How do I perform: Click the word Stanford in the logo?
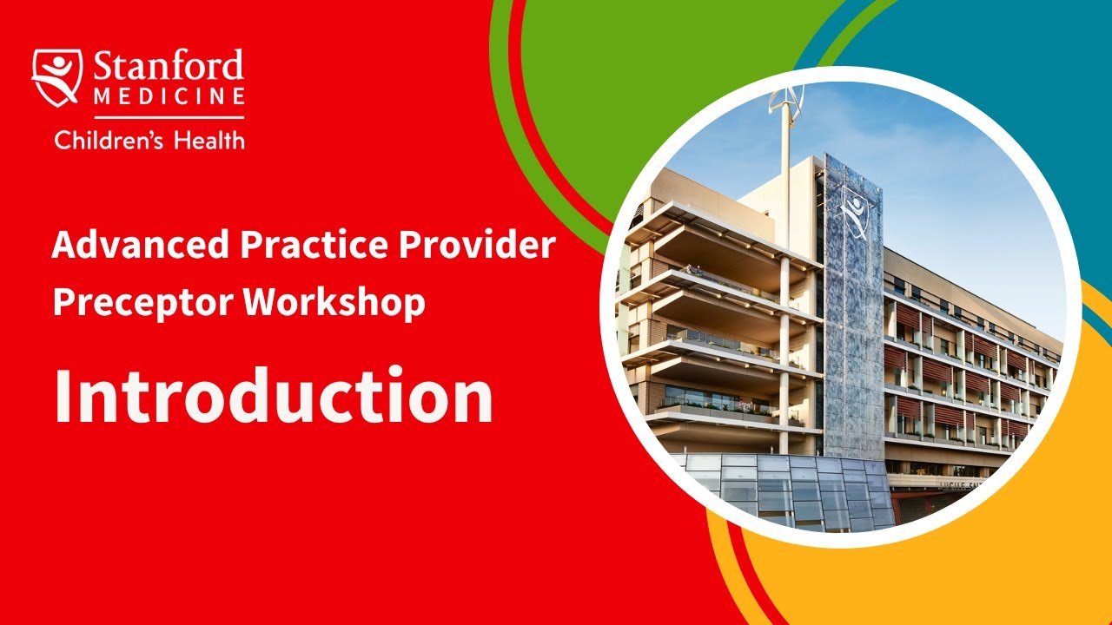tap(169, 68)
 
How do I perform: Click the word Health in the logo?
tap(209, 139)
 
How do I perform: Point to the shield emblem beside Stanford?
tap(57, 77)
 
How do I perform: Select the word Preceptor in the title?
tap(142, 302)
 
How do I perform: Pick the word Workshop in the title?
tap(334, 302)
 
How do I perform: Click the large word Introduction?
tap(273, 396)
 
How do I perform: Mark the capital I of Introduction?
tap(62, 396)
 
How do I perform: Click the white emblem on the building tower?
tap(854, 211)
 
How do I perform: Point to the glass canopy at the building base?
tap(782, 490)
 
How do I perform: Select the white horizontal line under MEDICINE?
tap(169, 116)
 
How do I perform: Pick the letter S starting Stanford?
tap(103, 68)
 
